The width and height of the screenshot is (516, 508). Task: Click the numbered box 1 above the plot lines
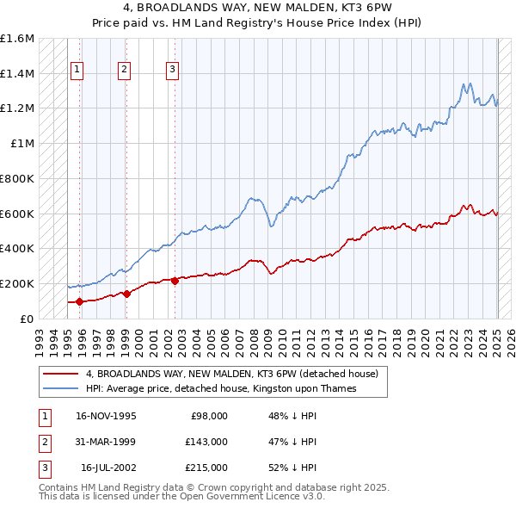tap(77, 70)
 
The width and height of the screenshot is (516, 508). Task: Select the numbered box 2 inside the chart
tap(124, 70)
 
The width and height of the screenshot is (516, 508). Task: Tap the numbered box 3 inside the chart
tap(172, 70)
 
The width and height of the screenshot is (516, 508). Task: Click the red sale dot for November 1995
tap(80, 301)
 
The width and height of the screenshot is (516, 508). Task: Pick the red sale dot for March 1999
tap(126, 294)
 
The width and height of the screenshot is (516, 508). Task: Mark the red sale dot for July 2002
tap(175, 281)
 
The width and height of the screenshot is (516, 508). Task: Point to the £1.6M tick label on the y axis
tap(17, 39)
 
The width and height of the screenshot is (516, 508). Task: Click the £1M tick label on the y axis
tap(22, 144)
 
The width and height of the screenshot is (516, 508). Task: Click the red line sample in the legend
tap(59, 374)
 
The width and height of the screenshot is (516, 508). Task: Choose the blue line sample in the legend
tap(59, 388)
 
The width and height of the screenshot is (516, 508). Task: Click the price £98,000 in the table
tap(209, 416)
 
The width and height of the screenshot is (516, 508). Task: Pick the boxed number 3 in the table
tap(44, 468)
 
